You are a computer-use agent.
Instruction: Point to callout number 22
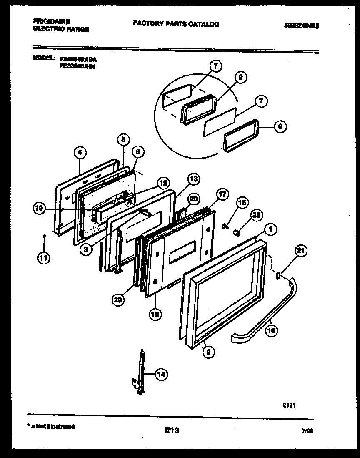[256, 215]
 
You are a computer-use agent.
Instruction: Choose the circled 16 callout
[242, 203]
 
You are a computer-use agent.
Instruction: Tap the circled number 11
[43, 258]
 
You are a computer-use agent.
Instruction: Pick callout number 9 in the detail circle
[240, 77]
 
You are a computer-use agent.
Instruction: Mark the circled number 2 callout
[208, 352]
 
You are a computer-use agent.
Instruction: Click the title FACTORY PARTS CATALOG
[176, 24]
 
